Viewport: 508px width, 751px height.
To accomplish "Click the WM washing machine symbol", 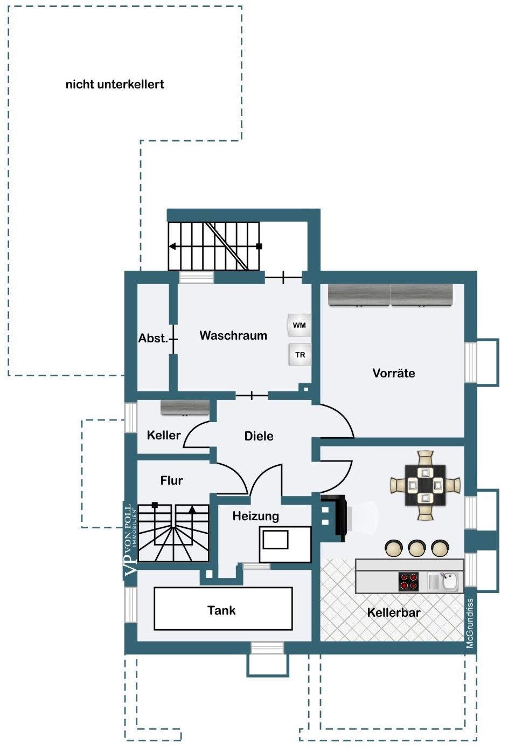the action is pos(299,325).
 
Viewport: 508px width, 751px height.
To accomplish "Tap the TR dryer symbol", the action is pos(300,354).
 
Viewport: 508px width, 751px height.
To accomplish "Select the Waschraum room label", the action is pos(233,335).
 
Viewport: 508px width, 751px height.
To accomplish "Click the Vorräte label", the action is pos(394,373).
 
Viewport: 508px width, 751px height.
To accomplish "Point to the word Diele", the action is pos(259,436).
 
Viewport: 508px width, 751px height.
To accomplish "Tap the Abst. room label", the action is pos(153,338).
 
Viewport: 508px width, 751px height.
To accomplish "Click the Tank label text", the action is pos(221,610).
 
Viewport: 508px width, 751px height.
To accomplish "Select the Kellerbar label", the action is pos(394,612).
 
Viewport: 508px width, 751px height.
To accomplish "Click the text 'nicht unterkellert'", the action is pos(115,84).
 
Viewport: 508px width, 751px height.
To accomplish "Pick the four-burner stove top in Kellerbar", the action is pos(408,581).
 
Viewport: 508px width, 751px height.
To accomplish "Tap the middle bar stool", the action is pos(416,548).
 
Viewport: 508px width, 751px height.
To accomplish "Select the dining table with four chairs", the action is pos(425,485).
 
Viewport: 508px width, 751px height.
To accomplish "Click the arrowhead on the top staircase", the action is pos(172,246).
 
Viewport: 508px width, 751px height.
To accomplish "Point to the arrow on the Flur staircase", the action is pos(192,523).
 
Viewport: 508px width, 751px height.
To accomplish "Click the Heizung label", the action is pos(256,516).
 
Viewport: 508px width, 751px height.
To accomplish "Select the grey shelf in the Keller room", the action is pos(185,408).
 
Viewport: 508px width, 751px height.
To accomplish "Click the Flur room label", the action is pos(171,480).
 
